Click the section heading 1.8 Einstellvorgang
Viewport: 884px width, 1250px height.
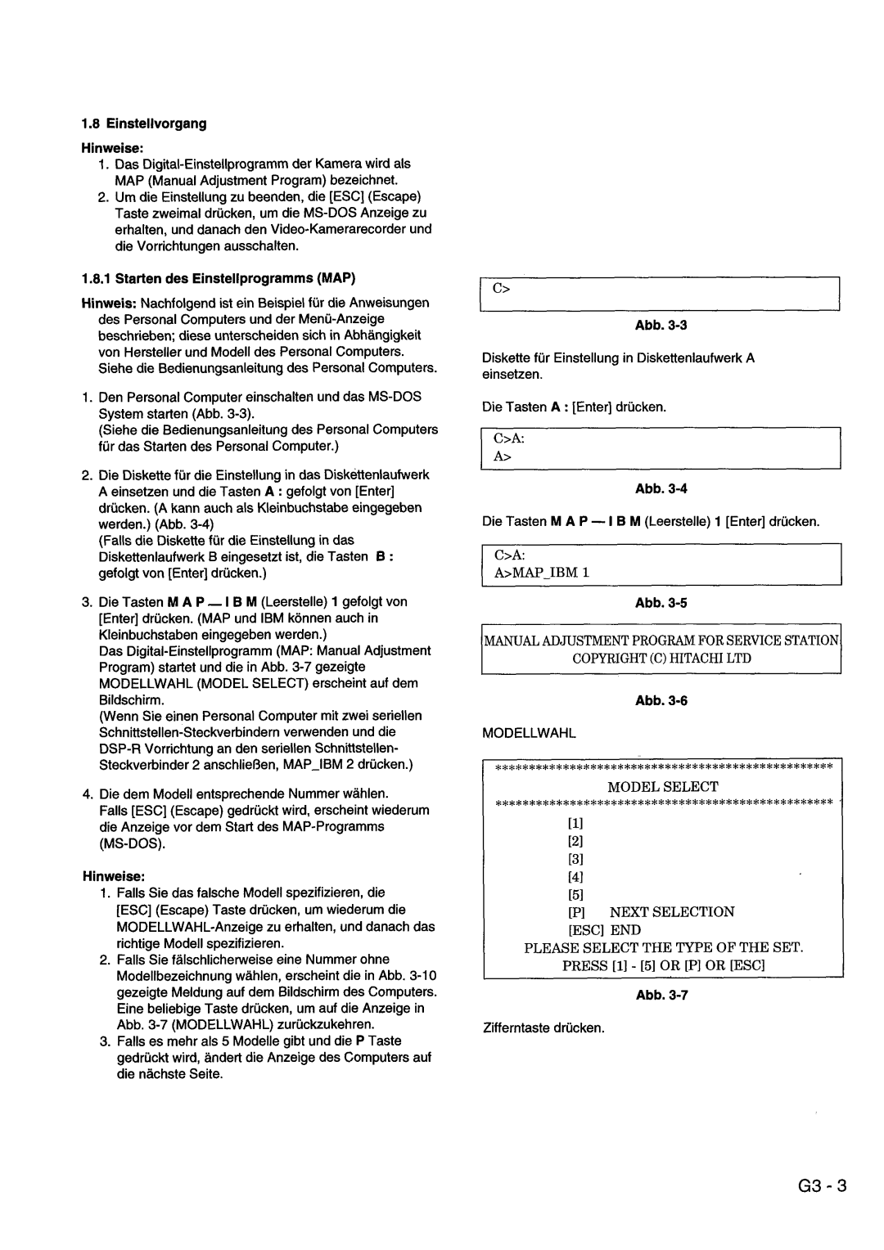[144, 124]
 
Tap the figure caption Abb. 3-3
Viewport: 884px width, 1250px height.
[670, 326]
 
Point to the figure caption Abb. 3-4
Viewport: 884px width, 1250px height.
[670, 488]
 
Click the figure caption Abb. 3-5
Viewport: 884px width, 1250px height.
[670, 603]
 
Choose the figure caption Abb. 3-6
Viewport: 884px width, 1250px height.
[670, 701]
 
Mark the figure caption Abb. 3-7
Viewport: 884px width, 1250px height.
[670, 995]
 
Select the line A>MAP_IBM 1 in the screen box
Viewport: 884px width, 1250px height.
[541, 572]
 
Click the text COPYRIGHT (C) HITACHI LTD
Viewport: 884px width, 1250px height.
[662, 658]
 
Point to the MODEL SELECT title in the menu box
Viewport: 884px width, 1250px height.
[663, 786]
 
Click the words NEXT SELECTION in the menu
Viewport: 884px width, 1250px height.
[671, 911]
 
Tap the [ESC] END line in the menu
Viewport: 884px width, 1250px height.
[605, 929]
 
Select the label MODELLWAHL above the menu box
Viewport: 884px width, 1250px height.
[529, 734]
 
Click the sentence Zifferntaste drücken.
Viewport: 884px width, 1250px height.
[543, 1027]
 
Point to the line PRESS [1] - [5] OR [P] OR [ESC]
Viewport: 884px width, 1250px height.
[663, 965]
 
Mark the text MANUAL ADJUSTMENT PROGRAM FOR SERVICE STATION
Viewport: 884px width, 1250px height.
[662, 640]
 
